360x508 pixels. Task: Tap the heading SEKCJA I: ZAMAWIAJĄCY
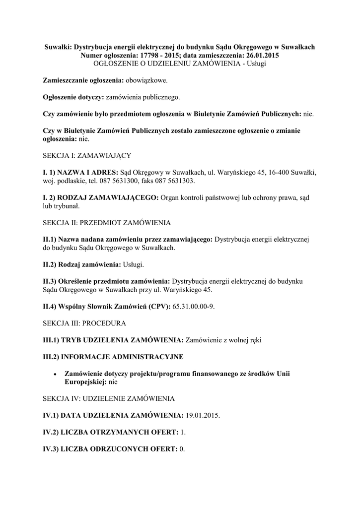(x=87, y=155)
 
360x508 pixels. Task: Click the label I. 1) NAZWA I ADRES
(x=81, y=172)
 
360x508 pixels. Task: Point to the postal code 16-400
(x=272, y=172)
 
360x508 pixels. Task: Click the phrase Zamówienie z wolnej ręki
(x=223, y=340)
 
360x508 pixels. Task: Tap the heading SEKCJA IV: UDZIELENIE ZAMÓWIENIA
(x=108, y=398)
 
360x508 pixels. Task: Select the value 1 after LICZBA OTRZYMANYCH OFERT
(x=182, y=432)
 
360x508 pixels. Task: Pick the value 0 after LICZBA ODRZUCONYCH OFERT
(x=181, y=449)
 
